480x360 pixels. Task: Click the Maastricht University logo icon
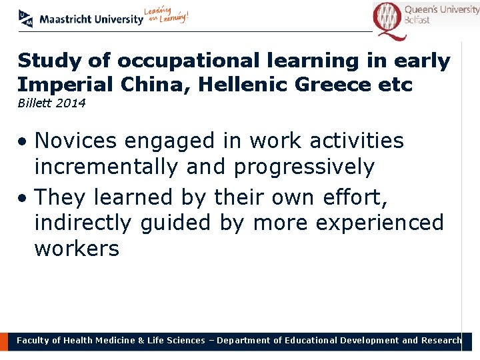tap(25, 19)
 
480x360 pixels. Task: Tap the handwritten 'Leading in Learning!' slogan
tap(167, 16)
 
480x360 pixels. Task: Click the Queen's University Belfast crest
tap(388, 19)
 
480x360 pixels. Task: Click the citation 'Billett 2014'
tap(51, 103)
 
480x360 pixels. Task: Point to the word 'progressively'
tap(304, 167)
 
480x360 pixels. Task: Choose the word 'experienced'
tap(379, 223)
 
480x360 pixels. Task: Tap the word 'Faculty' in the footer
tap(33, 341)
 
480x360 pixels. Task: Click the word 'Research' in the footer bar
tap(440, 341)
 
